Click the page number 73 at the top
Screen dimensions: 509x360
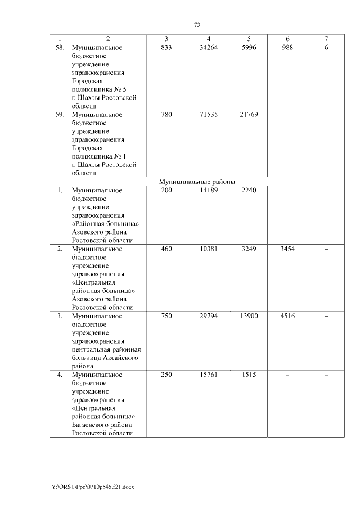point(197,25)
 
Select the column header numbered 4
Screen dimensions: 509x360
point(209,39)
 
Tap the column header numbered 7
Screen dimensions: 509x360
point(326,39)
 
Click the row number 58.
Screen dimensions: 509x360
point(59,48)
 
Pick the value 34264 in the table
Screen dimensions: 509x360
point(209,48)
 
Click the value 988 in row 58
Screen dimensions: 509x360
point(287,48)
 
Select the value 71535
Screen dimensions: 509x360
point(209,115)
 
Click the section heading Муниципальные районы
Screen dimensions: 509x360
point(197,182)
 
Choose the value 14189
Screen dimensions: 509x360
point(209,191)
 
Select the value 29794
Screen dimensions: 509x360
point(209,316)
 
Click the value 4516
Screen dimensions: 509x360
point(287,316)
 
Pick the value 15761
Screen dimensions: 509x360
point(209,375)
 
